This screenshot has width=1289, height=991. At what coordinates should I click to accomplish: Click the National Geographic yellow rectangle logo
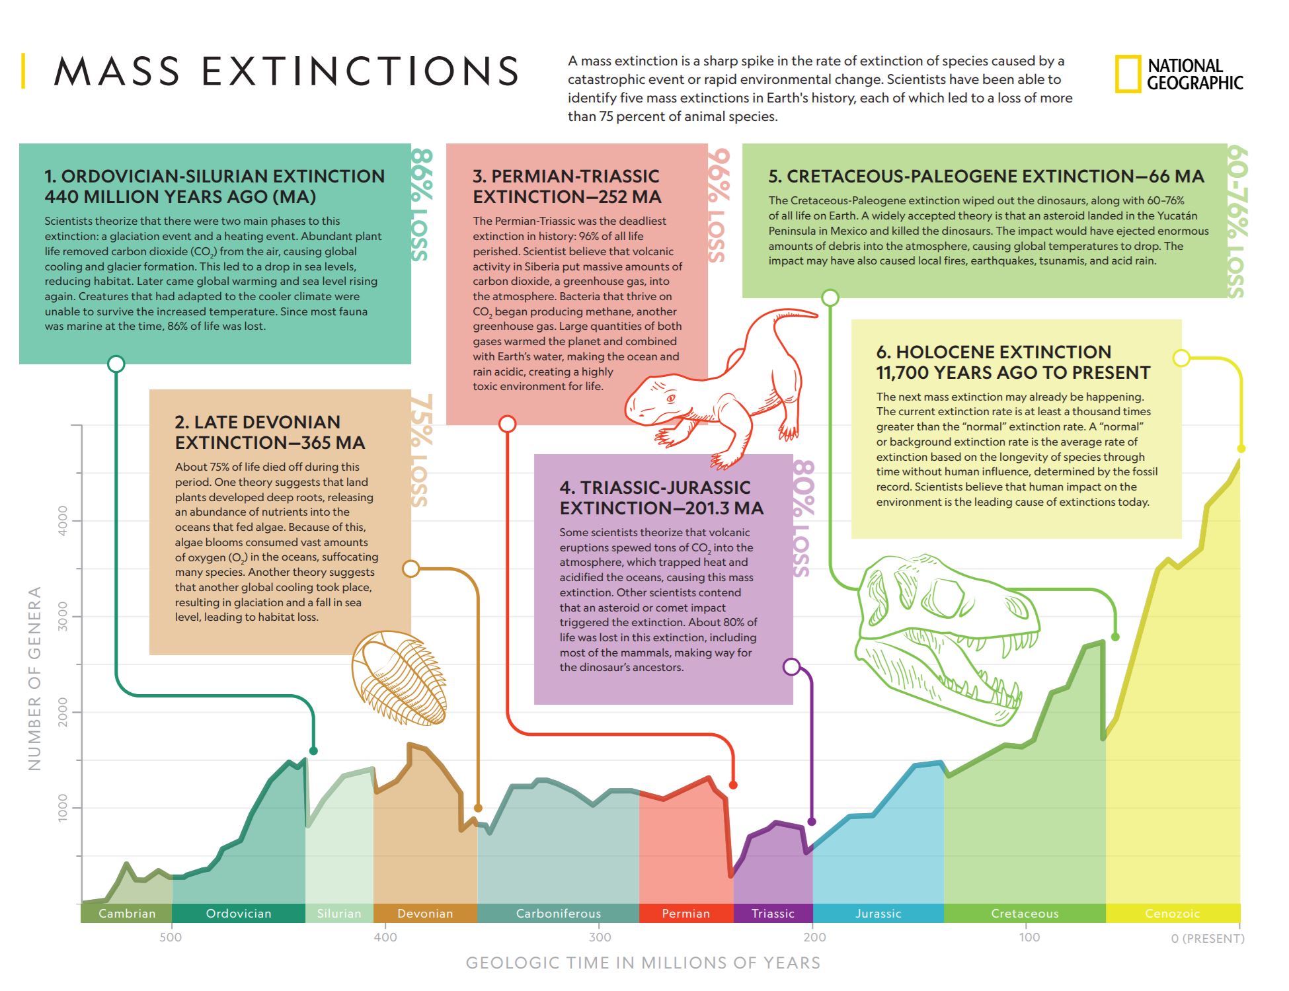click(1128, 74)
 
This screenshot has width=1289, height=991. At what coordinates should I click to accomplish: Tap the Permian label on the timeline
click(685, 913)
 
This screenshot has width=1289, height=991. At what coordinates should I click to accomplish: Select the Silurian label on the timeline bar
click(339, 913)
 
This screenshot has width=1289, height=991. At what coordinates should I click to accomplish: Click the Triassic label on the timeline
click(773, 913)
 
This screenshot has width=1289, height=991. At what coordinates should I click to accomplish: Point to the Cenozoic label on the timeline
click(1172, 913)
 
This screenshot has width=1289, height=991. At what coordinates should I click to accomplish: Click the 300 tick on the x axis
click(600, 937)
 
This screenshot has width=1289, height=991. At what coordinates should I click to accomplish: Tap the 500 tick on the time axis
click(171, 937)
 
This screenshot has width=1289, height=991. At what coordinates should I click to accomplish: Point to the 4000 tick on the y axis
click(63, 520)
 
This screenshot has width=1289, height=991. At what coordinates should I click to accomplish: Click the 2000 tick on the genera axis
click(63, 712)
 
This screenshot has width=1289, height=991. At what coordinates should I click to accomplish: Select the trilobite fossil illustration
click(399, 678)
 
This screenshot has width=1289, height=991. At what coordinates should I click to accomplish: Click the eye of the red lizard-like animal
click(671, 399)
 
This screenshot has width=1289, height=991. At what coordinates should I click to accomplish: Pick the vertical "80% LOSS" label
click(803, 519)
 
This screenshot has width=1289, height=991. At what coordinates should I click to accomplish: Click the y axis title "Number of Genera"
click(34, 678)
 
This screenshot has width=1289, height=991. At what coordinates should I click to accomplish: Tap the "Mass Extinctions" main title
click(286, 71)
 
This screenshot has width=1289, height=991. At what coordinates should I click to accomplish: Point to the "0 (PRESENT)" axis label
click(1207, 938)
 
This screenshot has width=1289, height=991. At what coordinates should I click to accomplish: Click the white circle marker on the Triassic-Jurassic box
click(791, 666)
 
